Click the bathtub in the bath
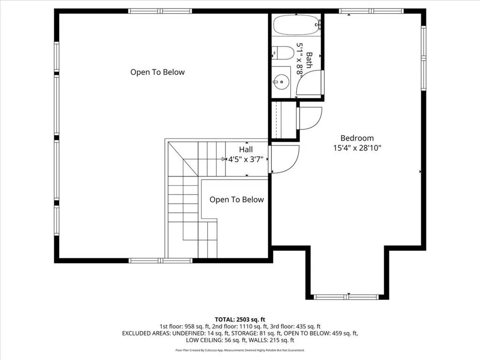tap(296, 25)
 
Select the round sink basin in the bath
tap(281, 82)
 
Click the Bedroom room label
tap(357, 138)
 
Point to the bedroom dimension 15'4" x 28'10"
tap(357, 148)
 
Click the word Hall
tap(246, 150)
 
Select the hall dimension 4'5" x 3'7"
tap(246, 159)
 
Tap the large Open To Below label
tap(157, 72)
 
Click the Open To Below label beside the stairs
tap(237, 200)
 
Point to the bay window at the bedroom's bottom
tap(347, 297)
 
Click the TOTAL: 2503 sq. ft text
tap(240, 320)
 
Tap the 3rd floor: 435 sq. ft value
tap(295, 327)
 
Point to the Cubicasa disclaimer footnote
tap(240, 350)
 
